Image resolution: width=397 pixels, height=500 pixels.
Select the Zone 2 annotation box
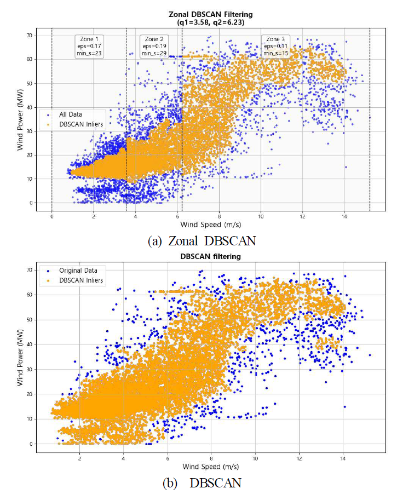coord(154,47)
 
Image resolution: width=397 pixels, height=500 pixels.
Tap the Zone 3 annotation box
coord(275,47)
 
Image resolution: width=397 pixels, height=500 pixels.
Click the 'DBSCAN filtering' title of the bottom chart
coord(207,256)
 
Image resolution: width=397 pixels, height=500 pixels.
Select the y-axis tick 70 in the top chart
coord(31,35)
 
